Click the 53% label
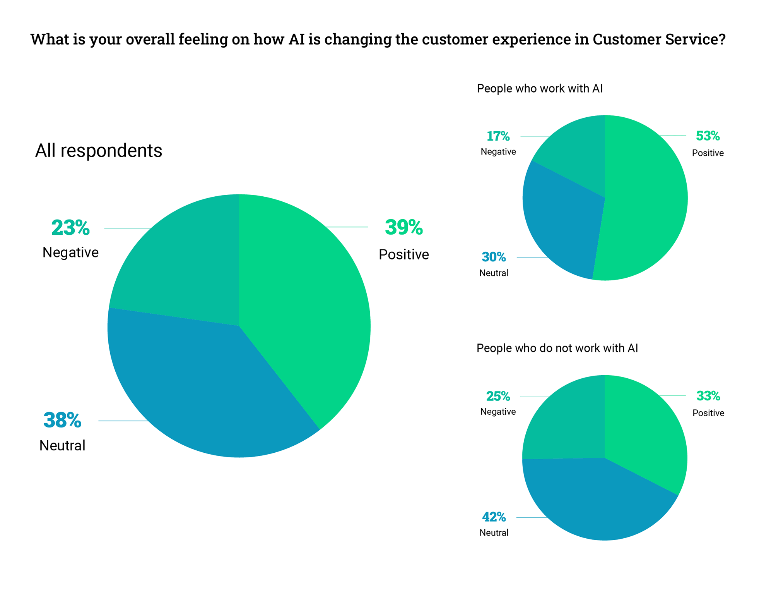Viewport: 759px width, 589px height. pyautogui.click(x=708, y=136)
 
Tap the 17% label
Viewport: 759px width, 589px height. pyautogui.click(x=498, y=136)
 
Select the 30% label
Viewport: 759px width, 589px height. pyautogui.click(x=494, y=257)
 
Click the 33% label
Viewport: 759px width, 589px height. pyautogui.click(x=708, y=396)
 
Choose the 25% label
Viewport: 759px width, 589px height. pyautogui.click(x=498, y=396)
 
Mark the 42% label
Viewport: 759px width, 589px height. pyautogui.click(x=494, y=517)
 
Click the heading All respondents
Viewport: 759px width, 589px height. pyautogui.click(x=99, y=150)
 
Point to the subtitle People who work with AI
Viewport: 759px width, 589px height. pyautogui.click(x=539, y=89)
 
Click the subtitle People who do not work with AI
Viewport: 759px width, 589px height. pyautogui.click(x=557, y=348)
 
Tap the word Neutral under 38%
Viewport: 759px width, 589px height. pyautogui.click(x=62, y=445)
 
